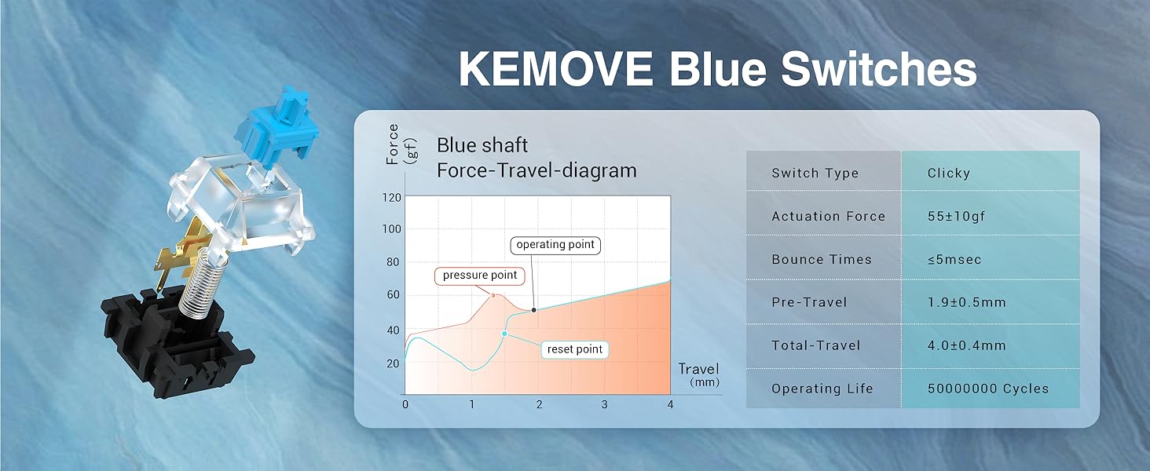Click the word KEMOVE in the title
click(x=555, y=69)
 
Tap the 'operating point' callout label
click(x=555, y=245)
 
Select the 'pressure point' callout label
click(x=479, y=276)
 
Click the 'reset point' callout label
click(x=574, y=349)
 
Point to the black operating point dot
click(x=534, y=310)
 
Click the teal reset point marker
click(x=504, y=334)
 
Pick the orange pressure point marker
click(x=493, y=295)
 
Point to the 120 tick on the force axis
click(x=392, y=198)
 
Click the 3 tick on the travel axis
click(x=604, y=404)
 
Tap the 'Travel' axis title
click(x=698, y=369)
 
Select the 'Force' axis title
click(x=393, y=144)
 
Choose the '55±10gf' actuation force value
click(x=957, y=216)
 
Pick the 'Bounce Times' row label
click(x=822, y=259)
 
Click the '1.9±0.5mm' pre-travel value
click(x=967, y=302)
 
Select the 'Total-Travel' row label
click(x=816, y=345)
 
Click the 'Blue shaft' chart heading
click(x=482, y=145)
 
